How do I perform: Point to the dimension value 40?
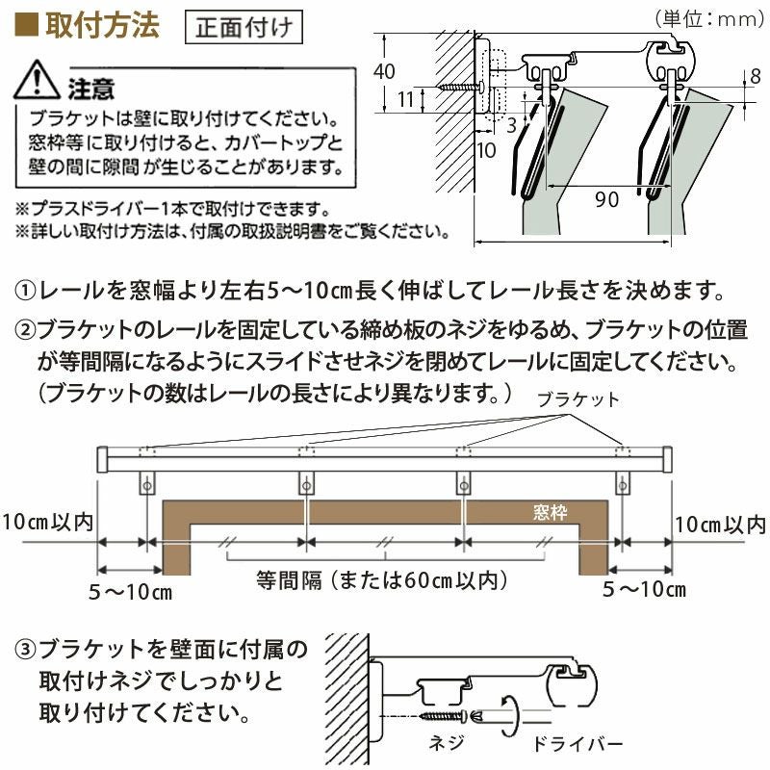(x=384, y=71)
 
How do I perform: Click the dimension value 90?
(x=605, y=199)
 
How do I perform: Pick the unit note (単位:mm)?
(x=705, y=17)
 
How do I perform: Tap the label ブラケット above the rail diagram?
(x=577, y=398)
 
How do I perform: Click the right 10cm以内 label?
(x=720, y=525)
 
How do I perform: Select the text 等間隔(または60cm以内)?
(x=381, y=580)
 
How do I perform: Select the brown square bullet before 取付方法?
(x=28, y=25)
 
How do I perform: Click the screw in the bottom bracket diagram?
(x=446, y=717)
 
